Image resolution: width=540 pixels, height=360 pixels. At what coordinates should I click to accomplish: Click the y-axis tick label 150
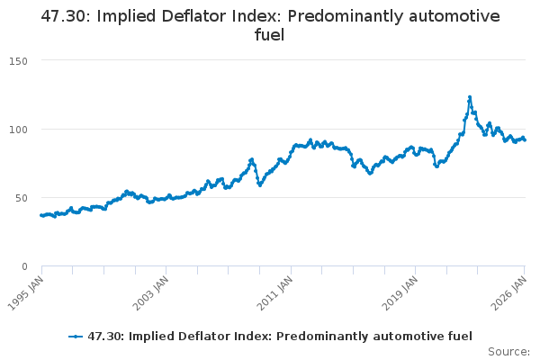pyautogui.click(x=18, y=61)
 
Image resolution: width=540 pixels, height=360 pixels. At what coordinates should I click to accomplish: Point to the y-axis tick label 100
pyautogui.click(x=18, y=130)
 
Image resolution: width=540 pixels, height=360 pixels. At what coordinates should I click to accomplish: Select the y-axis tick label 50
pyautogui.click(x=22, y=198)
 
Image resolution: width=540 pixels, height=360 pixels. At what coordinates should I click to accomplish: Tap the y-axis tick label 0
pyautogui.click(x=24, y=266)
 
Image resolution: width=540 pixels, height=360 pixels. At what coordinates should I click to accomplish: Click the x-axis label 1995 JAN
pyautogui.click(x=26, y=293)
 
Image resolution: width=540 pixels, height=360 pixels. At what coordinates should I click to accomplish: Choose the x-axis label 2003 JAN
pyautogui.click(x=150, y=293)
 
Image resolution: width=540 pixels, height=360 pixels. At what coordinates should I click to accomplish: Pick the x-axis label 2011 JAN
pyautogui.click(x=275, y=293)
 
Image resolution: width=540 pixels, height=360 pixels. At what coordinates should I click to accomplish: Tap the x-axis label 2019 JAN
pyautogui.click(x=400, y=293)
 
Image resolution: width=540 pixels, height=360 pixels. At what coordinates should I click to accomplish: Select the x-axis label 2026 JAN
pyautogui.click(x=508, y=293)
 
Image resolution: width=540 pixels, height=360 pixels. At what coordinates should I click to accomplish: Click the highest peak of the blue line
pyautogui.click(x=470, y=97)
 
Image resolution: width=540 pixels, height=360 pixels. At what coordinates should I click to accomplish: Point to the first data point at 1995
pyautogui.click(x=41, y=215)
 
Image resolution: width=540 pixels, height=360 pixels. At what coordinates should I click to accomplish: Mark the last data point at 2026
pyautogui.click(x=525, y=139)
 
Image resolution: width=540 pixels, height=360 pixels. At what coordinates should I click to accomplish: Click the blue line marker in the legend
pyautogui.click(x=76, y=337)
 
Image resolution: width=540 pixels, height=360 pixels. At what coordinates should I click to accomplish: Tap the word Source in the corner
pyautogui.click(x=507, y=352)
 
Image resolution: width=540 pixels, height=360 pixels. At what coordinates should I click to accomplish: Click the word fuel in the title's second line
pyautogui.click(x=270, y=35)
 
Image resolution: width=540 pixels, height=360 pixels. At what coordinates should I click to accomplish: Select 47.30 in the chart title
pyautogui.click(x=63, y=16)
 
